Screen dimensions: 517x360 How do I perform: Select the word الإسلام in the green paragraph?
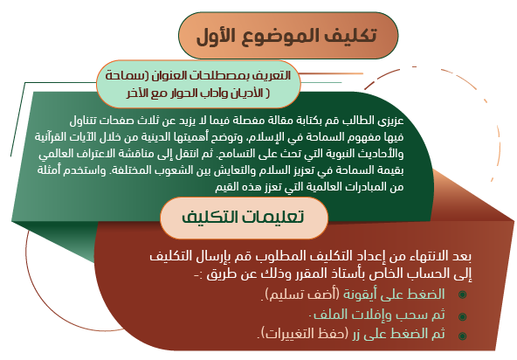[261, 137]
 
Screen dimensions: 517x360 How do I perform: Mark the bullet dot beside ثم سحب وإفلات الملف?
[462, 316]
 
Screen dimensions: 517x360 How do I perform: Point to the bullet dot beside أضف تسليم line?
[462, 294]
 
